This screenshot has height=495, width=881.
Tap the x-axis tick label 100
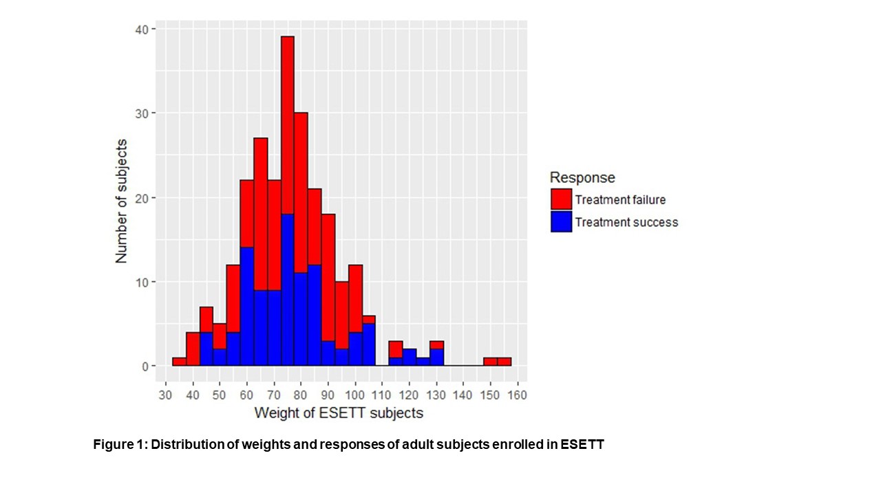(354, 395)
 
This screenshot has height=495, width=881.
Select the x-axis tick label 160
(517, 395)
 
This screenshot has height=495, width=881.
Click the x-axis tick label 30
(165, 395)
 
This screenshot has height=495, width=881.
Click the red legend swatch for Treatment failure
(561, 199)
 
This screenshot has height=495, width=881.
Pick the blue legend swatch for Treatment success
(561, 221)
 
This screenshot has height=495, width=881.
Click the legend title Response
(582, 177)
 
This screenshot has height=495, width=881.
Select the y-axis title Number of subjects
(122, 200)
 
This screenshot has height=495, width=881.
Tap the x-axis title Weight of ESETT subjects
(339, 413)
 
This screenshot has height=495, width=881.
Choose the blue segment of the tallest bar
(287, 289)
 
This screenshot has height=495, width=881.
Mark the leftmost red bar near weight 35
(179, 362)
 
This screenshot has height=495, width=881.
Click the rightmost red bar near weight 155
(504, 362)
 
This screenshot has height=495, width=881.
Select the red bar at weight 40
(193, 349)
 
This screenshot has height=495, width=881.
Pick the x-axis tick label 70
(273, 395)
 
